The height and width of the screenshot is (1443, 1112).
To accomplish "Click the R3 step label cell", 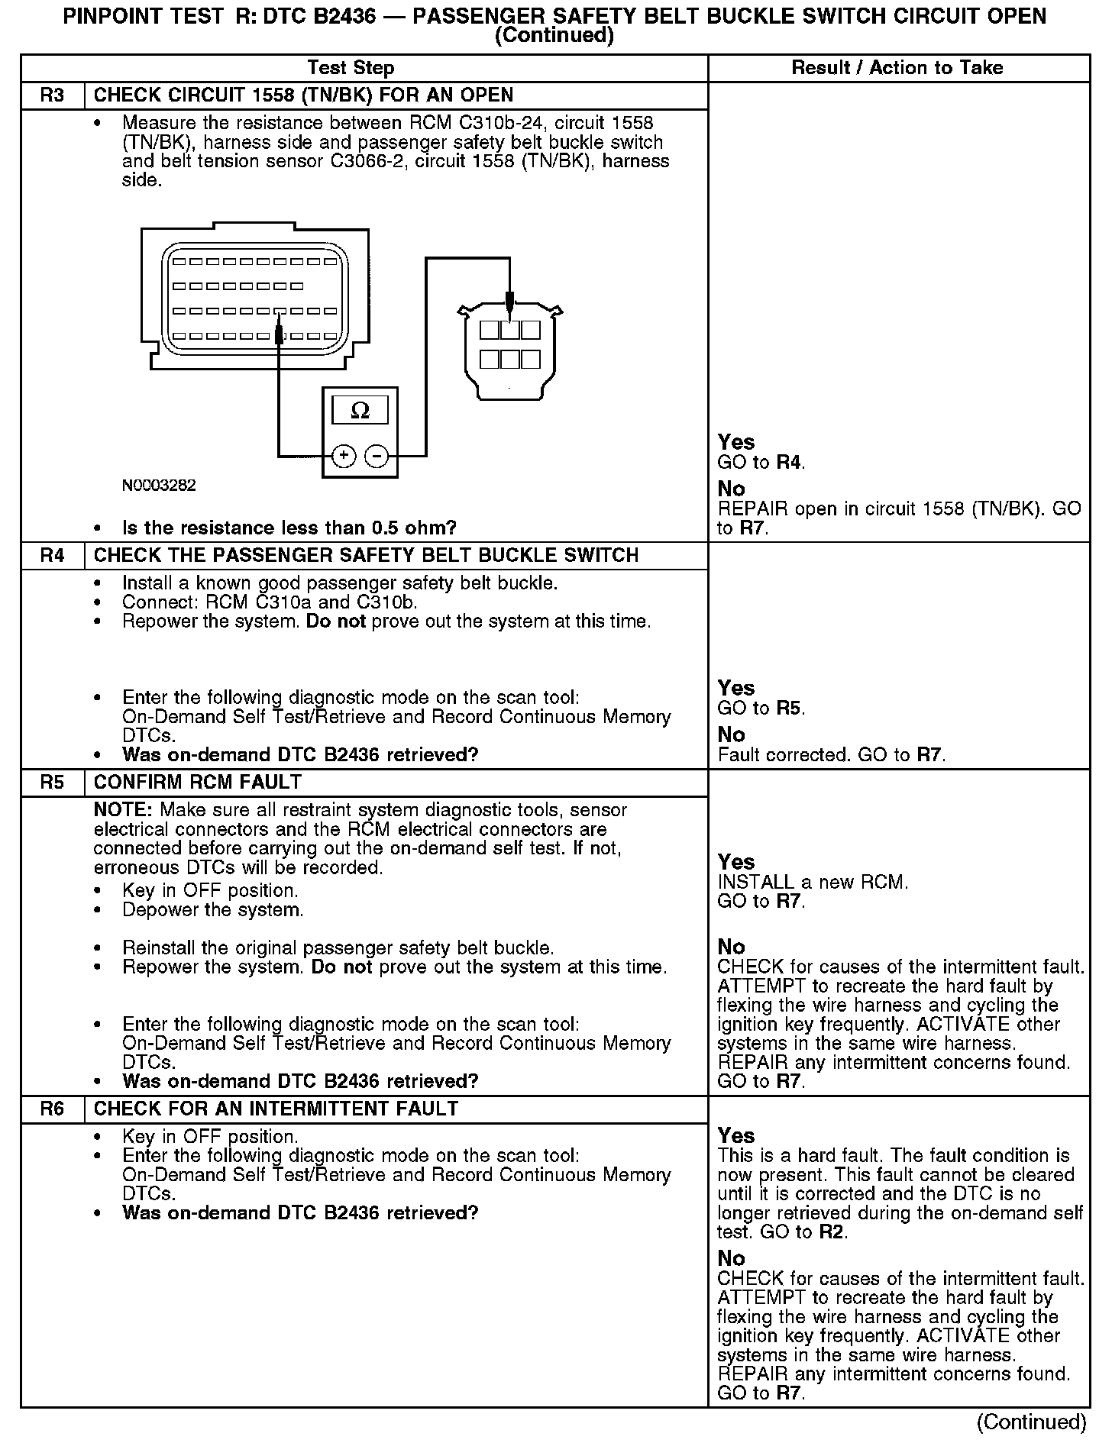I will pos(52,95).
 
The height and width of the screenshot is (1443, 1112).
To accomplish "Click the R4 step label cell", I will pos(52,555).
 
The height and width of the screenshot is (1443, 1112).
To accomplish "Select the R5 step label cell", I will pos(52,783).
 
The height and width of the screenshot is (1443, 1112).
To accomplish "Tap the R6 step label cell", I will pos(52,1109).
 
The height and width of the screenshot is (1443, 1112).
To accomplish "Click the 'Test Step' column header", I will pos(351,68).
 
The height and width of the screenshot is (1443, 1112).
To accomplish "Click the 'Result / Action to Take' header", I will pos(897,68).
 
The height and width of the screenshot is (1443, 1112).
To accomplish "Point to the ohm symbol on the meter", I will pos(360,412).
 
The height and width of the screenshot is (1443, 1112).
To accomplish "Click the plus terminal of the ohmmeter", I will pos(344,457).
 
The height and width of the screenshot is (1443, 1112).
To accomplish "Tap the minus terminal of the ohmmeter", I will pos(377,457).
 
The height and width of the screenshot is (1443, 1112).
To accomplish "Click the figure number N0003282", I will pos(159,486).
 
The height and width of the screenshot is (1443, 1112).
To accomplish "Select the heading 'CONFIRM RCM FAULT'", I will pos(198,783).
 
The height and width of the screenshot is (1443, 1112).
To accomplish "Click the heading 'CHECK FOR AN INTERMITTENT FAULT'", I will pos(276,1109).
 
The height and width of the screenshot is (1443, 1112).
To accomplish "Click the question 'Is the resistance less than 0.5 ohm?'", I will pos(289,528).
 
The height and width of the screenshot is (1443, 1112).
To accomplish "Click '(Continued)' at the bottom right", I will pos(1031,1422).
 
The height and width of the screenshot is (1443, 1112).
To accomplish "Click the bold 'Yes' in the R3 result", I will pos(736,442).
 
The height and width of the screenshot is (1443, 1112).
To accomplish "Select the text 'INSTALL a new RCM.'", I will pos(813,883).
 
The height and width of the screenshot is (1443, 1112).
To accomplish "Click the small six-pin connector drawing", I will pos(510,351).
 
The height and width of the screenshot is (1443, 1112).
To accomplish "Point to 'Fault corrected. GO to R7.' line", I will pos(832,755).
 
